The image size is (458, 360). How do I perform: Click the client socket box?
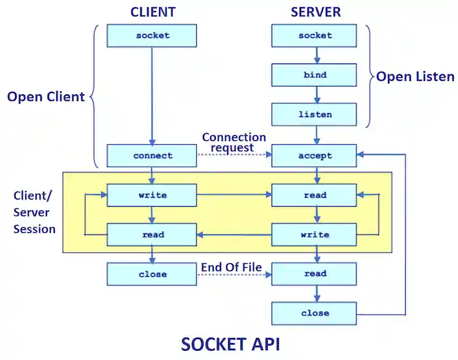[x=152, y=35]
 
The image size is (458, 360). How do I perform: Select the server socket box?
[x=315, y=35]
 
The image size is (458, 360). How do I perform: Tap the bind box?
[x=315, y=75]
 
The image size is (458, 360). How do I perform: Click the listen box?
[x=315, y=115]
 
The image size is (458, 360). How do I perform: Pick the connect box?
[x=152, y=156]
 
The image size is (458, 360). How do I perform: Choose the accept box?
[x=315, y=156]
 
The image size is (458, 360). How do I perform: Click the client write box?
[x=152, y=195]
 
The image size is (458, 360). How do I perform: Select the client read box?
[x=152, y=234]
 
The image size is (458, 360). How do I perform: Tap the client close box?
[x=152, y=274]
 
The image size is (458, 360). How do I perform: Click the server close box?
[x=315, y=313]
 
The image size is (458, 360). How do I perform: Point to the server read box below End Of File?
[x=315, y=274]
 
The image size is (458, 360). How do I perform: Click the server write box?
[x=315, y=234]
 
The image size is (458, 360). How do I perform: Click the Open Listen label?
[x=415, y=77]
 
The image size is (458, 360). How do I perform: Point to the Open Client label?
[x=46, y=97]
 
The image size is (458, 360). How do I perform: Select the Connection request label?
[x=234, y=143]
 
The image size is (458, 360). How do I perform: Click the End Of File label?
[x=231, y=266]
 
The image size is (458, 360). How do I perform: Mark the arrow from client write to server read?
[x=234, y=195]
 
